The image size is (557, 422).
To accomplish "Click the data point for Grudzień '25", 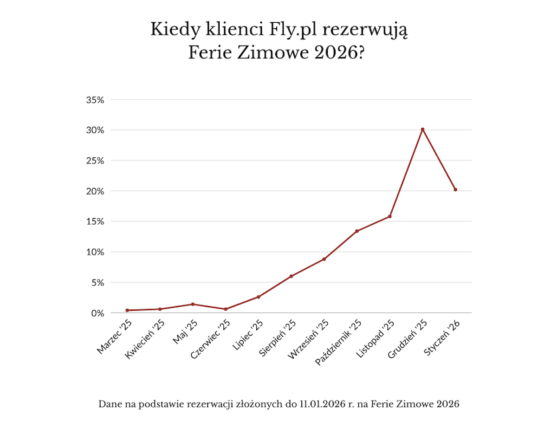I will (422, 129).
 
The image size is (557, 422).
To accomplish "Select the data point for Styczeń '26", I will (455, 189).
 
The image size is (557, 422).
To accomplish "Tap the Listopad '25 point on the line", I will (390, 216).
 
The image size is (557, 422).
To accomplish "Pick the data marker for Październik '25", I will (357, 231).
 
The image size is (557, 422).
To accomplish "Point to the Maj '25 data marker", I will (193, 304).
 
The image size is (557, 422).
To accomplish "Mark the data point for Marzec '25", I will (127, 310).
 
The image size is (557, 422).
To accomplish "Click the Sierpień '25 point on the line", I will (291, 276).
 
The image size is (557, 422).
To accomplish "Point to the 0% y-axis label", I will (97, 313).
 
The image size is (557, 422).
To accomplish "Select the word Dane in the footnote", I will (108, 404).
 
